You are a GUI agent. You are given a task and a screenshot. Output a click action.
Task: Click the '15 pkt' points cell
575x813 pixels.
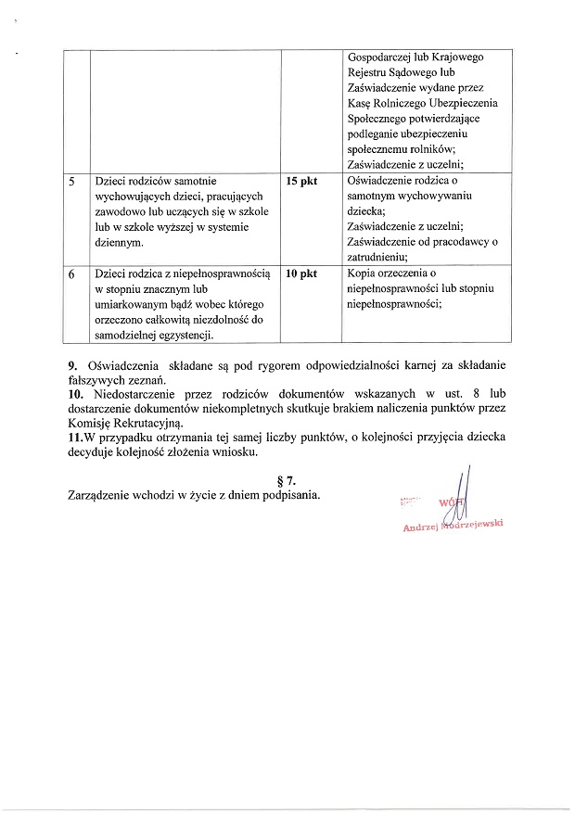(x=301, y=181)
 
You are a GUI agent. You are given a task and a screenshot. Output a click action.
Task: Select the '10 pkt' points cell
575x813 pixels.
(x=301, y=273)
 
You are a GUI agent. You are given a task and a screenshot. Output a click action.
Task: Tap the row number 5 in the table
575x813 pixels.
(x=72, y=181)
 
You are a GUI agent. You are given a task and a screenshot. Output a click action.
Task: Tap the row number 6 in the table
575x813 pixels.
(x=72, y=273)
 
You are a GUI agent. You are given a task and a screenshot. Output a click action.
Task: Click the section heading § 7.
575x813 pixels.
(x=287, y=479)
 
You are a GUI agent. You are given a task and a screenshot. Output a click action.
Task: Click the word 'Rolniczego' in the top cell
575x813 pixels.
(x=407, y=102)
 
